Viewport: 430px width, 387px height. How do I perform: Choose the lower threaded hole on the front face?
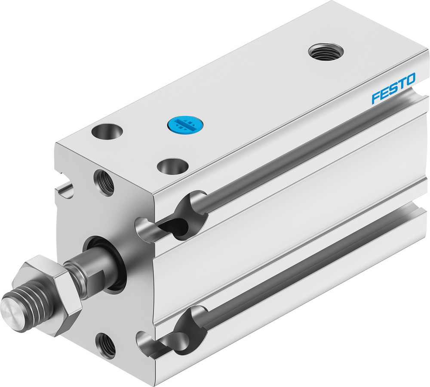[106, 344]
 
